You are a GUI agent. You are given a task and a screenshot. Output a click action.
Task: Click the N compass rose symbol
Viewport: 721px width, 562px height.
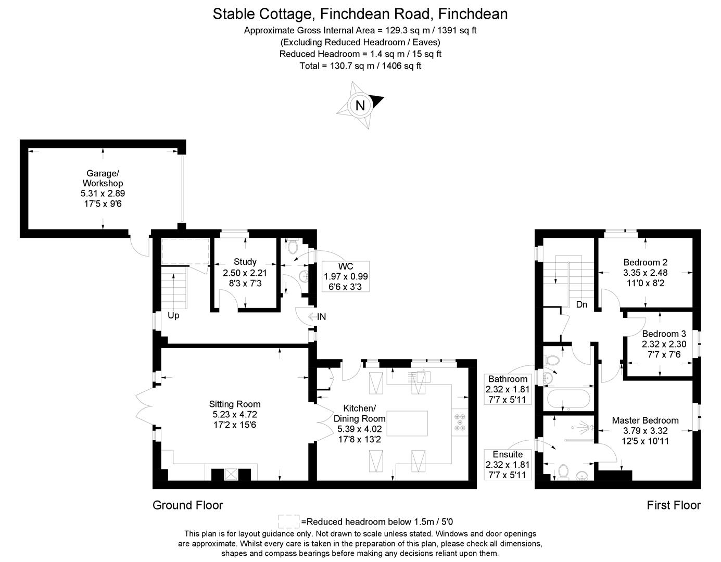[360, 105]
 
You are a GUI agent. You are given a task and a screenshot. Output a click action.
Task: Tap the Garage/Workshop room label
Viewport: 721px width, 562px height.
[103, 178]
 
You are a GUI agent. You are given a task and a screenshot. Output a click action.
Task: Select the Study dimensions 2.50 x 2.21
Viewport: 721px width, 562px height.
[245, 273]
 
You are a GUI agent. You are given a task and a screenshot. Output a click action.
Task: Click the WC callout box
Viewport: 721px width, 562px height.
[346, 276]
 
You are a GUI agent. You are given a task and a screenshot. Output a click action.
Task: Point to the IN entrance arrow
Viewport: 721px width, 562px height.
[317, 316]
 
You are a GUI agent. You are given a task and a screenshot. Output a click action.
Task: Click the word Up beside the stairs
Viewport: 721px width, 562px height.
[173, 315]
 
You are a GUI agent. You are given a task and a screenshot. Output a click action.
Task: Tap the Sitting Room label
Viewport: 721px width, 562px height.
[234, 404]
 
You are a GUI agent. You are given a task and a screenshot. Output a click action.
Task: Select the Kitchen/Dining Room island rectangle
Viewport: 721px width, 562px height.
[408, 423]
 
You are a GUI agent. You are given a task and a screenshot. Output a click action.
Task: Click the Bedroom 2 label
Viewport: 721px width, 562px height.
[645, 262]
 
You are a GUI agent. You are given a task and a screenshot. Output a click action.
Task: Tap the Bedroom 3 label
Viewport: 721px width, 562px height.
[664, 334]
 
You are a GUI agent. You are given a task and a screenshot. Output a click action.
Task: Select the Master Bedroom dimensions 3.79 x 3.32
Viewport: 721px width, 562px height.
[645, 431]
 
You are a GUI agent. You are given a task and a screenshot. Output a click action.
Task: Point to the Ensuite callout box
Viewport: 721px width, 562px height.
[508, 464]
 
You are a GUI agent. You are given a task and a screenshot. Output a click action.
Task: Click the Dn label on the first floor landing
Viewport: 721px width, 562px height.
[581, 305]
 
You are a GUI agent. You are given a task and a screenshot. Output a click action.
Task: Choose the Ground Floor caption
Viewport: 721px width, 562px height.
[187, 505]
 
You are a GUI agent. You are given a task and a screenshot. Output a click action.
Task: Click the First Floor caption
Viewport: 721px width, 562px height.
[674, 505]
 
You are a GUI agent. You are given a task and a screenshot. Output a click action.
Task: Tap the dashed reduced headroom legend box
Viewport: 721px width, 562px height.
[288, 521]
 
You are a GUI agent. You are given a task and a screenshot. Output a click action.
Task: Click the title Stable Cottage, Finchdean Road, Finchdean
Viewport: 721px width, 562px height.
[360, 14]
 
